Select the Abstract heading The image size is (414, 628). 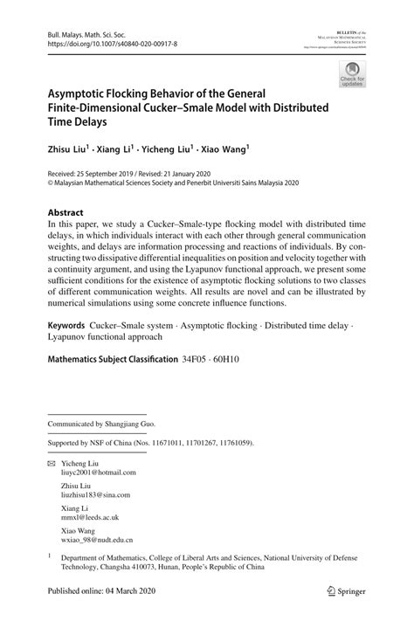[66, 212]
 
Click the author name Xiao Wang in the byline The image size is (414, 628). [224, 149]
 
